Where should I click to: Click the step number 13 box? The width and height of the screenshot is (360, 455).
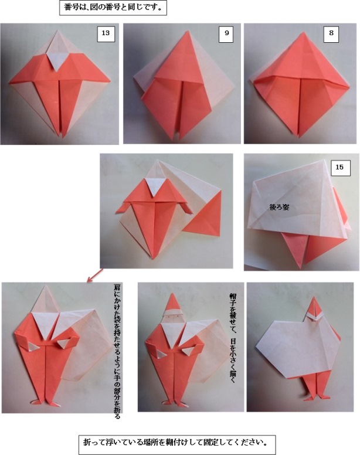[x=106, y=34]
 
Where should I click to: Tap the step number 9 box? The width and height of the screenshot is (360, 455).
[x=226, y=34]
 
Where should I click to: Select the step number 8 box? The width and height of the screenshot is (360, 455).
[x=332, y=34]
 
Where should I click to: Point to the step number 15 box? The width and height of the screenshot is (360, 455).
[x=339, y=167]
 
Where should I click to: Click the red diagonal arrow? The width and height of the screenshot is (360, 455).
[x=95, y=275]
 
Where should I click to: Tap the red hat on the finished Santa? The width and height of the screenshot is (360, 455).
[x=172, y=302]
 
